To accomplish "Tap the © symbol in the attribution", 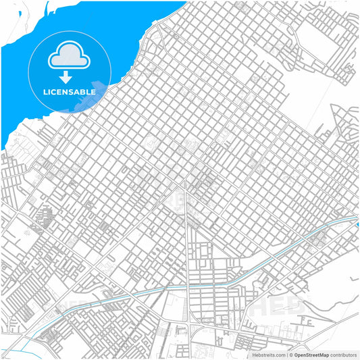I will tap(290, 354).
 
